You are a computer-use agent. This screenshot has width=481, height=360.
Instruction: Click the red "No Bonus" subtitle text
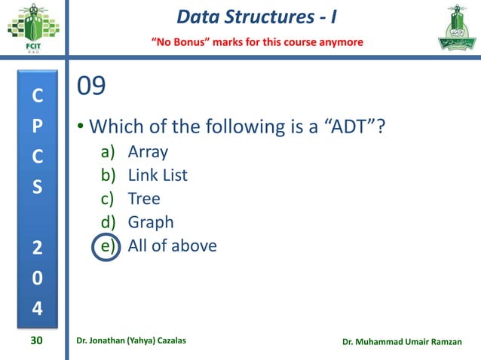(x=259, y=41)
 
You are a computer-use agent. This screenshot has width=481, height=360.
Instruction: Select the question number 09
(x=91, y=87)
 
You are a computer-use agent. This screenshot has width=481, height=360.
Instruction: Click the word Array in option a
(x=148, y=152)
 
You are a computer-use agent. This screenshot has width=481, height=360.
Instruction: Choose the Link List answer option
(x=158, y=175)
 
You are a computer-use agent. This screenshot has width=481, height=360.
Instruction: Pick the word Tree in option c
(x=144, y=199)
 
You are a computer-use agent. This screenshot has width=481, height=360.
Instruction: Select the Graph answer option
(x=151, y=222)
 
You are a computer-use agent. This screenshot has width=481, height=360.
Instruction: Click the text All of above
(x=172, y=246)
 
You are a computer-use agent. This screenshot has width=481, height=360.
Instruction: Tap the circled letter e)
(x=106, y=246)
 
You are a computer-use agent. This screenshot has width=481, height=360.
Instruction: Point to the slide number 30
(x=36, y=341)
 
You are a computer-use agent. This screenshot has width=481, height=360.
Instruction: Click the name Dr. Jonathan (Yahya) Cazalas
(x=132, y=341)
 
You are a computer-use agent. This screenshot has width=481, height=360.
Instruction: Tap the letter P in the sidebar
(x=37, y=127)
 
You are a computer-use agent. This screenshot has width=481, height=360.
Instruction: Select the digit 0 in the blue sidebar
(x=37, y=279)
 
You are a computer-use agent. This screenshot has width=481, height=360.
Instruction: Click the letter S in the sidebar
(x=37, y=186)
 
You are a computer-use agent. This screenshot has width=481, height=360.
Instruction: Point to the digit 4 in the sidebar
(x=37, y=309)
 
